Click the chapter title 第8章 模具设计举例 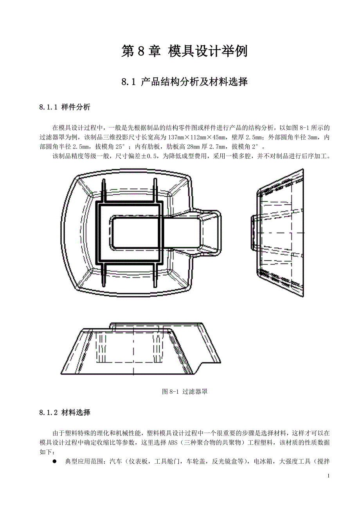click(x=184, y=51)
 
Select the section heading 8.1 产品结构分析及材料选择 click(x=184, y=82)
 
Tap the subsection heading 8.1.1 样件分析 click(x=65, y=107)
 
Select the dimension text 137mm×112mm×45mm click(x=197, y=138)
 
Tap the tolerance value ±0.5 click(x=149, y=156)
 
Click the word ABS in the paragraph click(x=173, y=443)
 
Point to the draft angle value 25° click(x=120, y=147)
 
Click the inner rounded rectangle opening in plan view click(x=134, y=233)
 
